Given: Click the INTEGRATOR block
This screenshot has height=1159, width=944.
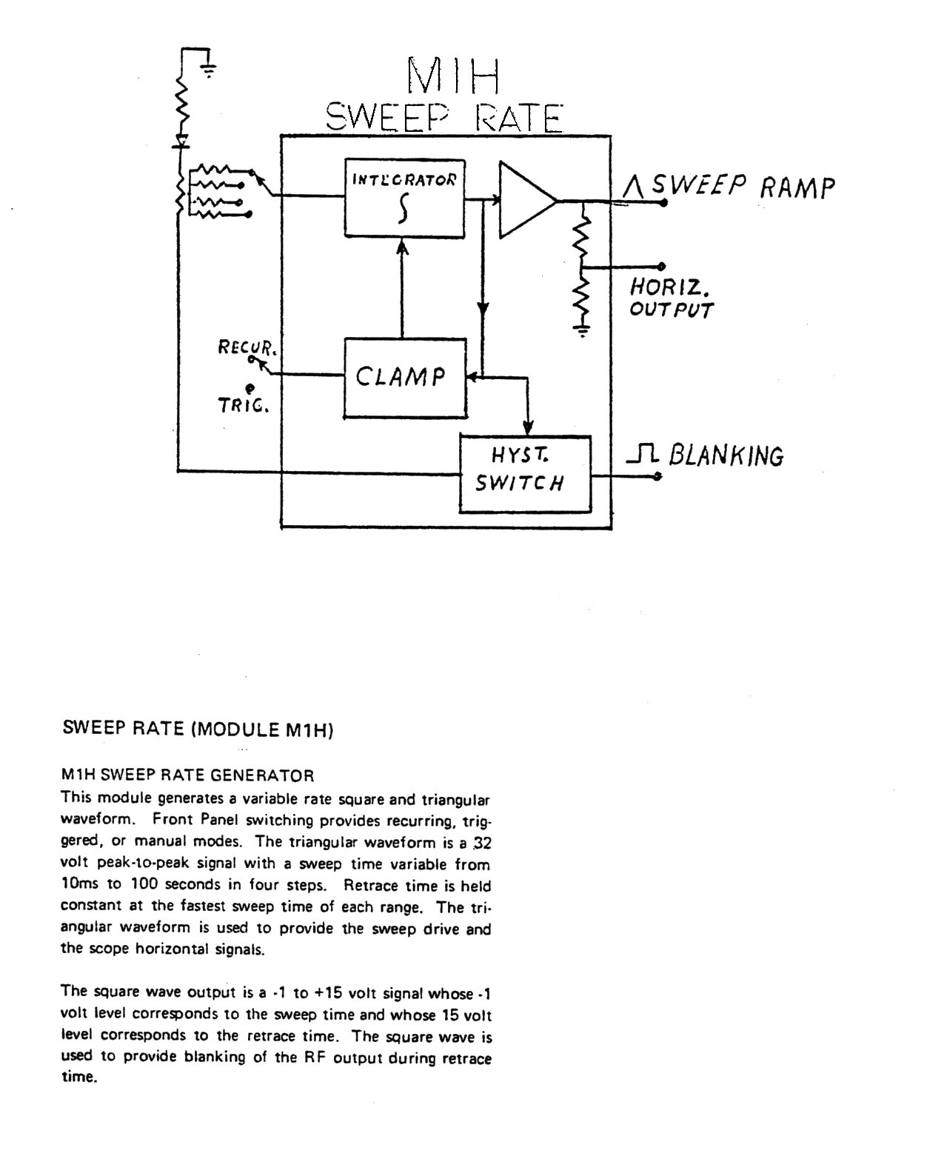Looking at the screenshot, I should point(404,198).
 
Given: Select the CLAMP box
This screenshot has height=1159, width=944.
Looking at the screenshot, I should point(404,377).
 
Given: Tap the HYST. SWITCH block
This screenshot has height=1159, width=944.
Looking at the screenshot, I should point(524,473).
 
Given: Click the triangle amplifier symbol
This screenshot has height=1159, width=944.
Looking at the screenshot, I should point(526,200).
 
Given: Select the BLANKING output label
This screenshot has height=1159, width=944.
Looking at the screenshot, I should point(726,455).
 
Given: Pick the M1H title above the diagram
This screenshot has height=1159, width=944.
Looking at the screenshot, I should point(453,75).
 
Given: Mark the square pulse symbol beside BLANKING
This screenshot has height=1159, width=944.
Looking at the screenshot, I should point(642,454).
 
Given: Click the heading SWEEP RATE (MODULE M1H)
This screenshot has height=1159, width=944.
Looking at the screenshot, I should point(198,729).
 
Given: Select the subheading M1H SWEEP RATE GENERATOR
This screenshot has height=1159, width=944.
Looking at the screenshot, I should point(187,775).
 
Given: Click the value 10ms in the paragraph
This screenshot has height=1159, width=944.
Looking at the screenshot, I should point(77,884).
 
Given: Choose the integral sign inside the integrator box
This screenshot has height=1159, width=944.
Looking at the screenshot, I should point(404,210).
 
